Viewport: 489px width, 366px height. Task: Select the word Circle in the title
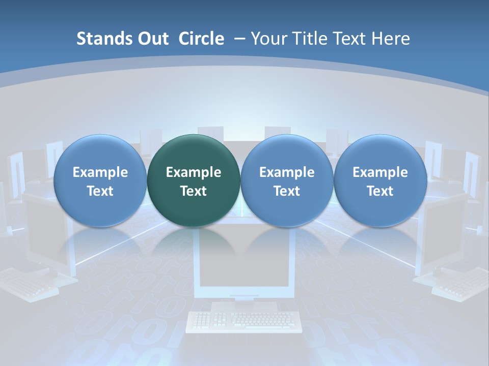(x=201, y=39)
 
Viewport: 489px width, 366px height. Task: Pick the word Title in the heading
(x=309, y=39)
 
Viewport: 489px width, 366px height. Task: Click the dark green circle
(x=194, y=180)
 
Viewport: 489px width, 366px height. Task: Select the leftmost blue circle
(x=100, y=180)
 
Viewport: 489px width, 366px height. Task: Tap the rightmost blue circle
(x=380, y=180)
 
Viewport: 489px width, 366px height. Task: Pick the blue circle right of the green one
(x=287, y=180)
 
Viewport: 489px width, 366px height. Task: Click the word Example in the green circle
(x=194, y=172)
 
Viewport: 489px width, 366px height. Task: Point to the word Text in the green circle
(x=194, y=191)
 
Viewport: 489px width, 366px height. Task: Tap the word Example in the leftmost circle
(x=100, y=172)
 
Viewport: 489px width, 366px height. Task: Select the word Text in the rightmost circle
(x=380, y=191)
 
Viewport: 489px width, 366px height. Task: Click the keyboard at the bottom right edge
(x=461, y=285)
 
